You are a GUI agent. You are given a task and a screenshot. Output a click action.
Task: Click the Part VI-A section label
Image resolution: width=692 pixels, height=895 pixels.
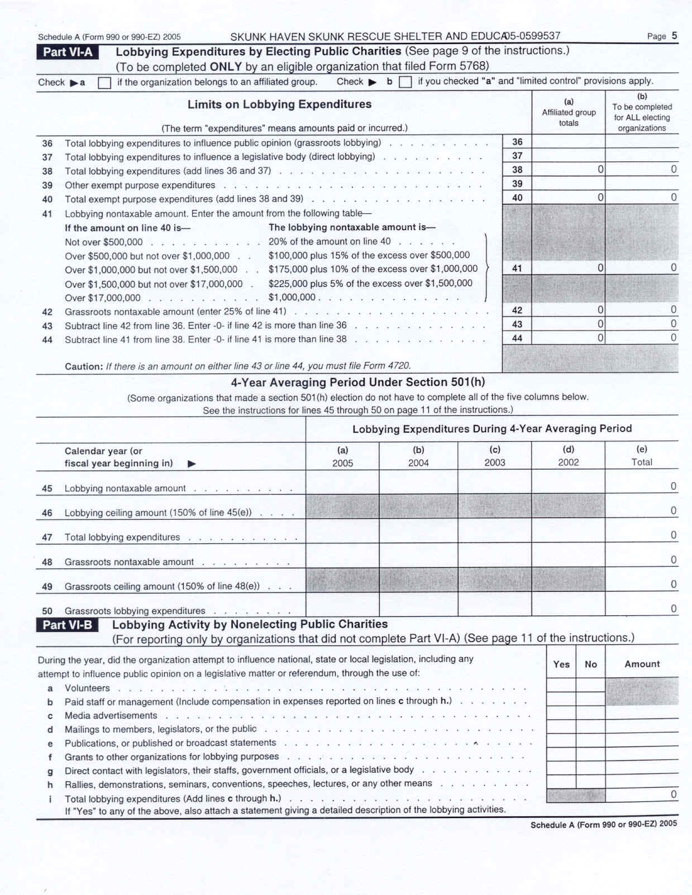[68, 52]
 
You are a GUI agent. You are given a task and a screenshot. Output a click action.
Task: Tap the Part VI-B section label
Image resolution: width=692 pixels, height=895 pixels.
[68, 625]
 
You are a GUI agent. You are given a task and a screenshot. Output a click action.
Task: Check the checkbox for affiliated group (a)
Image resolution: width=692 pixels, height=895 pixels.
[104, 83]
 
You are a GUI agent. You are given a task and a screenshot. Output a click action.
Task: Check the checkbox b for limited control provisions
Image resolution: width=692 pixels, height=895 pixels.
[406, 83]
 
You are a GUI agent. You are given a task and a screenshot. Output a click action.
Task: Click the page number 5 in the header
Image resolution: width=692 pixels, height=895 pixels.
[674, 36]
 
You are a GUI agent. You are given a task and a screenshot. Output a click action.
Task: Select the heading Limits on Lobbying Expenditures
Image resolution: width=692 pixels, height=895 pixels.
[279, 104]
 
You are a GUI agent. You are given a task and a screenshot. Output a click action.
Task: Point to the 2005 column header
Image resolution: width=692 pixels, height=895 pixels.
[342, 463]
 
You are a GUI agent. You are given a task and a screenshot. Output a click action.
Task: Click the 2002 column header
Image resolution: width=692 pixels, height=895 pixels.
[568, 462]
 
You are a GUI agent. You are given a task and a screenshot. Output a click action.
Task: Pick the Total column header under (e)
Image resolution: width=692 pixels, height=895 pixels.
[641, 462]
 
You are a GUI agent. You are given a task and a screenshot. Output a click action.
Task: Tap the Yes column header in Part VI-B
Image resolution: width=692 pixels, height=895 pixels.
[561, 664]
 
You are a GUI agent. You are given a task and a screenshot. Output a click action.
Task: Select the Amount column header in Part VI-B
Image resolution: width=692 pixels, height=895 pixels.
[642, 664]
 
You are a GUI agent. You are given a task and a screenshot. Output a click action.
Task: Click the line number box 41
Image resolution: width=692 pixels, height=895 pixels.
[517, 268]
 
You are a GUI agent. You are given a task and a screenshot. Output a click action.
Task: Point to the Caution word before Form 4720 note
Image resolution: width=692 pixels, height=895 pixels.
[83, 366]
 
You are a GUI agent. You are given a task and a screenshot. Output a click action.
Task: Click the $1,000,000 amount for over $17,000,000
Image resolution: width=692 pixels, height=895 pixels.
[292, 298]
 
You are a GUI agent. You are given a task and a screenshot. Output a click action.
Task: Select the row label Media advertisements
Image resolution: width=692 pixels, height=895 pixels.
[111, 716]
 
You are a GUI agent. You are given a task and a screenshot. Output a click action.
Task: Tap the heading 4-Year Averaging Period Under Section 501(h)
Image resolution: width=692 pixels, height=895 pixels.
[358, 382]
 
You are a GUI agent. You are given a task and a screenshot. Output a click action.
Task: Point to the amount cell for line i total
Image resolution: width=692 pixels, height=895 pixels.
[642, 795]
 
